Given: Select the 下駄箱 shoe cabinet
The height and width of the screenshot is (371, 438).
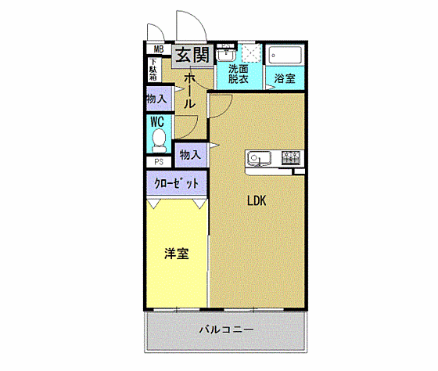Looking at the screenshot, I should coord(153,70).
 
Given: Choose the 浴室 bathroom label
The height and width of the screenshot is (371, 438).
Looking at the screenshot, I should coord(284,78).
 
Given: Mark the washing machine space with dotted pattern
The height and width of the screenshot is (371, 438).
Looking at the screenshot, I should coord(251,52).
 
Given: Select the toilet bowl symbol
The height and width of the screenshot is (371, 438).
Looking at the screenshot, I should coord(159,141).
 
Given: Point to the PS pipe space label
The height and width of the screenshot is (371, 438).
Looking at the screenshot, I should coord(159,163).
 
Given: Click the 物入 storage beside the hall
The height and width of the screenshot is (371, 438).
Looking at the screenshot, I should coord(156,99).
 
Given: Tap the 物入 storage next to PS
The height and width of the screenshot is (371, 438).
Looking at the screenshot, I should coord(190,155).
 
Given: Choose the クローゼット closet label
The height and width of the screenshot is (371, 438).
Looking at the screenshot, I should coord(176,183).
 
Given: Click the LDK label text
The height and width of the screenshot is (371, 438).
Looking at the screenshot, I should coord(257,200).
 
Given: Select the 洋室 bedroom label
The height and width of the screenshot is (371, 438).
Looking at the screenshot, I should coord(175,254).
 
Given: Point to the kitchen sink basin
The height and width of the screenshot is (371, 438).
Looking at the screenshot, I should coord(258,158).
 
